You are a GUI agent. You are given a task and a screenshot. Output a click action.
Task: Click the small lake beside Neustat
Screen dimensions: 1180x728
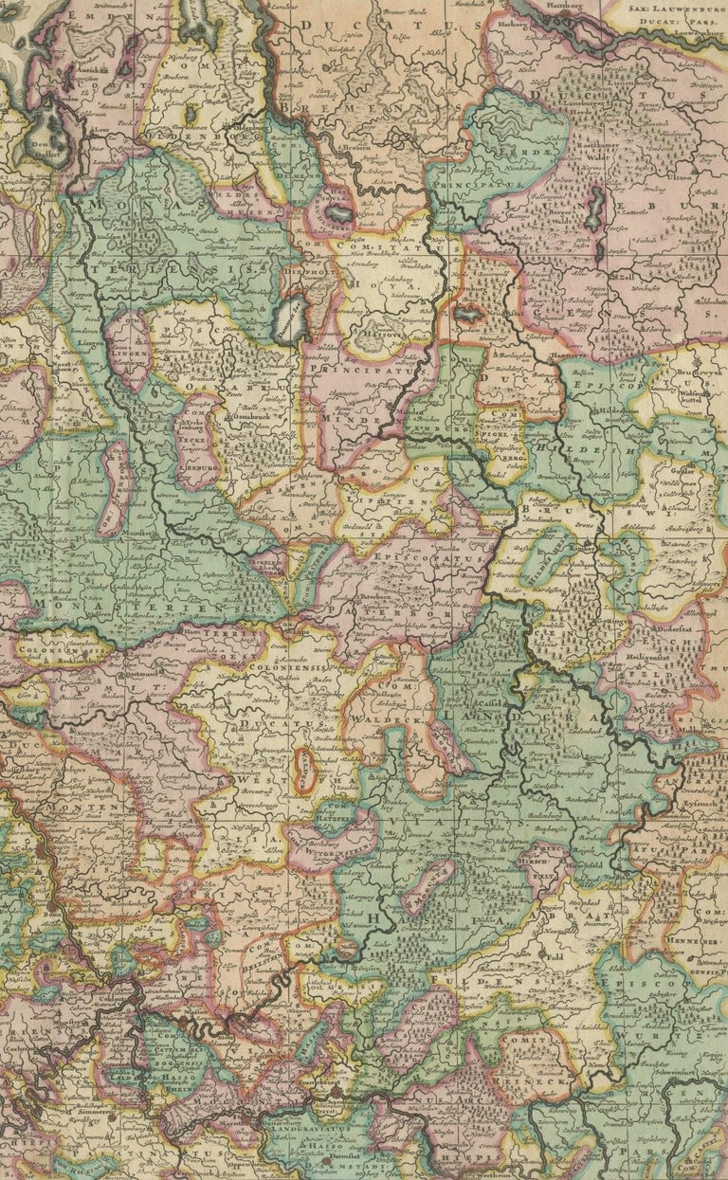pyautogui.click(x=469, y=312)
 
